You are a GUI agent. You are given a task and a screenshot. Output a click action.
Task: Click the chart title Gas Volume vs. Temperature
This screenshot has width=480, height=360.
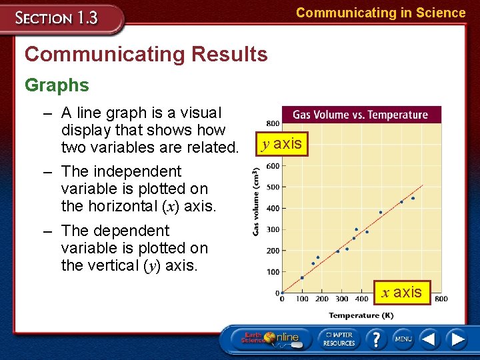coord(361,115)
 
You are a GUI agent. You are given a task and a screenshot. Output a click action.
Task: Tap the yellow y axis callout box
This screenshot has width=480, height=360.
coord(283,144)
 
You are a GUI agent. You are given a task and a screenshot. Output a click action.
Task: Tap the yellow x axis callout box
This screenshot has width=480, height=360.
coord(402,292)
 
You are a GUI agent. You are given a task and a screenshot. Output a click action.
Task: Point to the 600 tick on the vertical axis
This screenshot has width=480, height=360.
coord(273,166)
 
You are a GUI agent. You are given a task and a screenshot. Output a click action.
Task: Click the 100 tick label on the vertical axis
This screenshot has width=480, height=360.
coord(273,272)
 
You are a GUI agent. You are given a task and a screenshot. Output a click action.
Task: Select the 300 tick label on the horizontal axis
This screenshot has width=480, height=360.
coord(341,299)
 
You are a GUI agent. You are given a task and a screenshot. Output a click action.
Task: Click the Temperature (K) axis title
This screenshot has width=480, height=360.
coord(361,315)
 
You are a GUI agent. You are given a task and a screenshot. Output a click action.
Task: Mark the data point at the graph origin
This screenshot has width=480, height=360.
coord(282,293)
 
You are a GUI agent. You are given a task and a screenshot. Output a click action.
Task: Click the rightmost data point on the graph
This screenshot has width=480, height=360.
coord(413,198)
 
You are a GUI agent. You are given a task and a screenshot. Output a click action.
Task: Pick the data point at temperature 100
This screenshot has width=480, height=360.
coord(302,277)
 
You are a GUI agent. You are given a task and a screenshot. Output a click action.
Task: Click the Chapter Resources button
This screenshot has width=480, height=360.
coord(339,339)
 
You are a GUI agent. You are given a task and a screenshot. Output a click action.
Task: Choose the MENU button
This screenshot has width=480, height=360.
coord(403,339)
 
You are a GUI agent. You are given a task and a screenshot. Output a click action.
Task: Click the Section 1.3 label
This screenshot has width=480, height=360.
coord(57,18)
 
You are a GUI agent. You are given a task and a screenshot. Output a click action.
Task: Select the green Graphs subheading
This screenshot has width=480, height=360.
coord(57,85)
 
